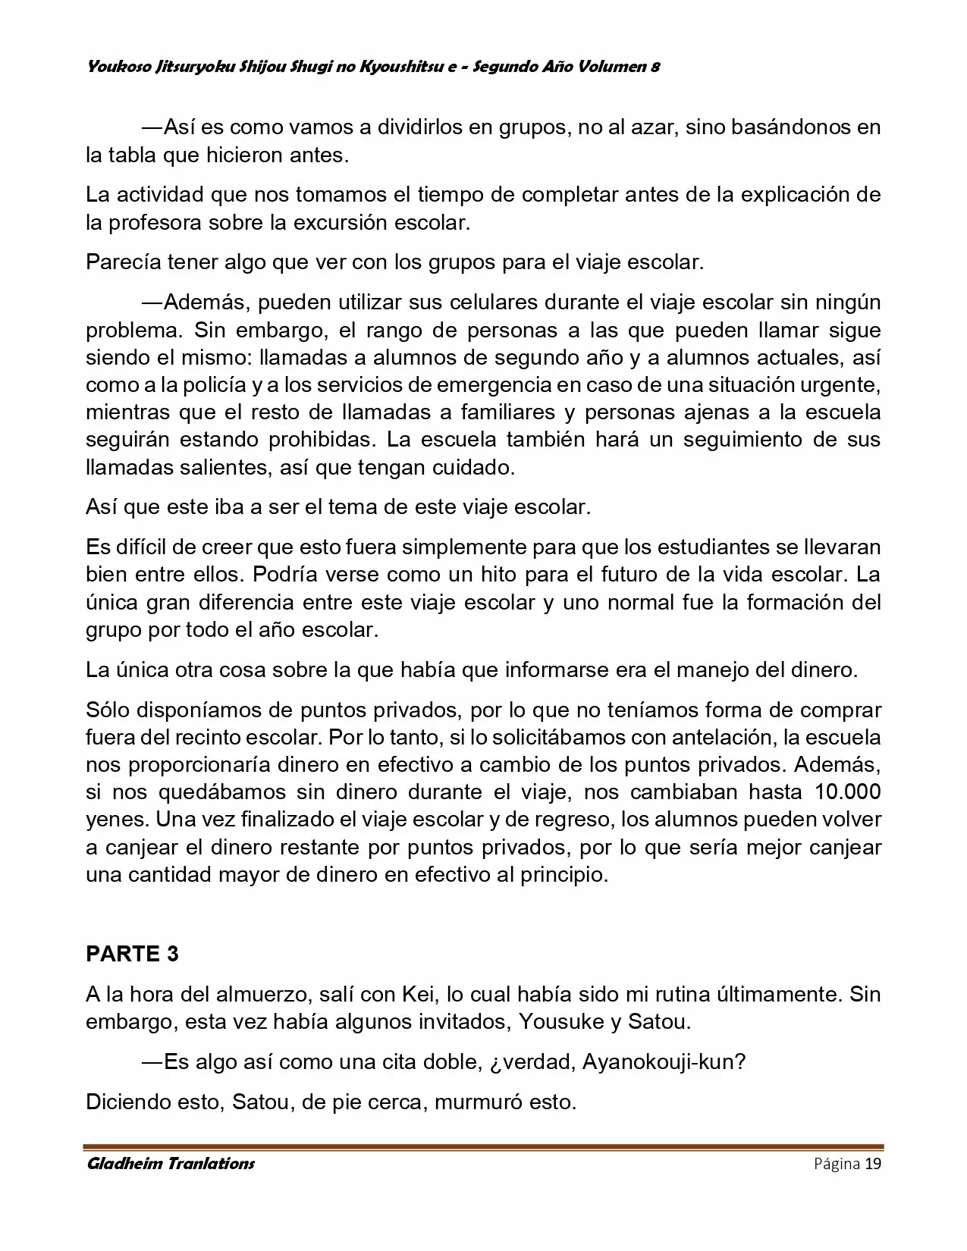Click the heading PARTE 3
(132, 954)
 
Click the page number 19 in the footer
(873, 1164)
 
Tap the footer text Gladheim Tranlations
(171, 1164)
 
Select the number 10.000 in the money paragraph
(847, 792)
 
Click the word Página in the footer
(837, 1164)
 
